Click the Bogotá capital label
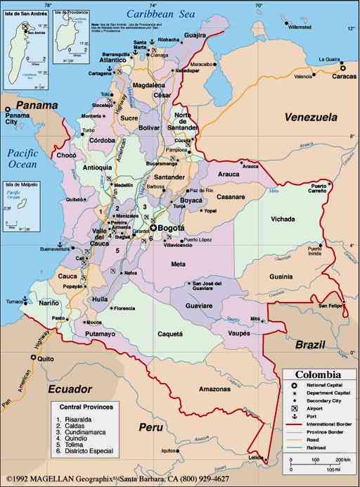(x=172, y=228)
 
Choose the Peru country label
(x=150, y=427)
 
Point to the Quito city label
(x=46, y=358)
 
